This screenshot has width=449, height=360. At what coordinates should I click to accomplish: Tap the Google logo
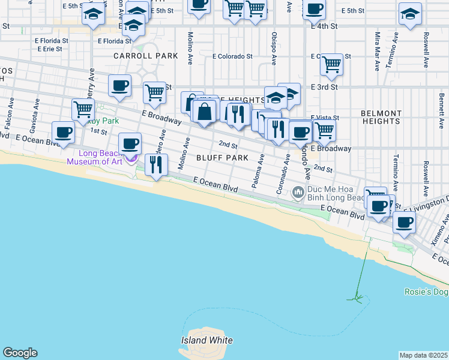(x=20, y=353)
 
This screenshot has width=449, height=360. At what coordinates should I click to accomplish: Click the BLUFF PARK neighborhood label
(x=222, y=158)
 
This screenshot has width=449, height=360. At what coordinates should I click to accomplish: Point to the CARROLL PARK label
(x=146, y=56)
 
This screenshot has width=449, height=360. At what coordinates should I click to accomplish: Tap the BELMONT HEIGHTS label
(x=381, y=118)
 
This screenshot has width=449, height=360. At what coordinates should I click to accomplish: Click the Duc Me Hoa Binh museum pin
(x=297, y=193)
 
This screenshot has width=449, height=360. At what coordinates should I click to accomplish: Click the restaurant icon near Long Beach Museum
(x=156, y=164)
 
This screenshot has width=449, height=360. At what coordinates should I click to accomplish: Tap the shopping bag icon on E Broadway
(x=205, y=112)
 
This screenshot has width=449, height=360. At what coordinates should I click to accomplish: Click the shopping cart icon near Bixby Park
(x=83, y=110)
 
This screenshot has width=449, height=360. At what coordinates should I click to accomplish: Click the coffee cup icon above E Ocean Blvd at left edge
(x=63, y=132)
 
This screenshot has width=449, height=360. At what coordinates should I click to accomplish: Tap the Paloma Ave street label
(x=258, y=172)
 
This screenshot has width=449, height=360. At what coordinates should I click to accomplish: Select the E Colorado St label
(x=232, y=56)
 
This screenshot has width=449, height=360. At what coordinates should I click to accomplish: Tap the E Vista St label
(x=325, y=118)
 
